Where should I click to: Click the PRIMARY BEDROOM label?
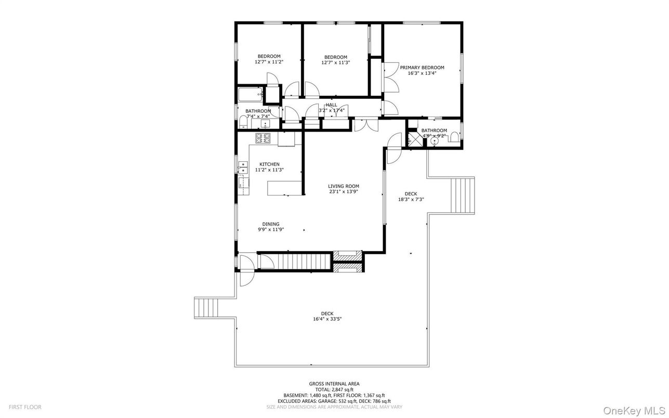click(422, 68)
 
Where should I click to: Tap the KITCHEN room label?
click(269, 164)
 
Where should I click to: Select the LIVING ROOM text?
click(344, 186)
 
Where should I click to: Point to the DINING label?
click(271, 224)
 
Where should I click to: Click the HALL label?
click(332, 105)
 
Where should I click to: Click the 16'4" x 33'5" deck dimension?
click(327, 319)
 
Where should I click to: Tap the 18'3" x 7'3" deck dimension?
click(411, 199)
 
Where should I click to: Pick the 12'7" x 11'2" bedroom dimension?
click(269, 62)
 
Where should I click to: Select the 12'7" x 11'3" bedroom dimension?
click(336, 63)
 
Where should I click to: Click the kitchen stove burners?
click(263, 138)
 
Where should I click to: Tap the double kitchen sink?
click(243, 167)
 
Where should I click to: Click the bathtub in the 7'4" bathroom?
click(250, 95)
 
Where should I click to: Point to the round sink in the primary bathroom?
click(434, 141)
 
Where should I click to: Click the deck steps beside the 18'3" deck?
click(462, 195)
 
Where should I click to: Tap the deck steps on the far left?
click(206, 307)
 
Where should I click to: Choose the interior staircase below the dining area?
click(304, 262)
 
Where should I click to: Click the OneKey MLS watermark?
click(634, 411)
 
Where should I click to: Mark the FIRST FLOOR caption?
click(25, 407)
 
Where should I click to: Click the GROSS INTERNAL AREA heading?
click(334, 384)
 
